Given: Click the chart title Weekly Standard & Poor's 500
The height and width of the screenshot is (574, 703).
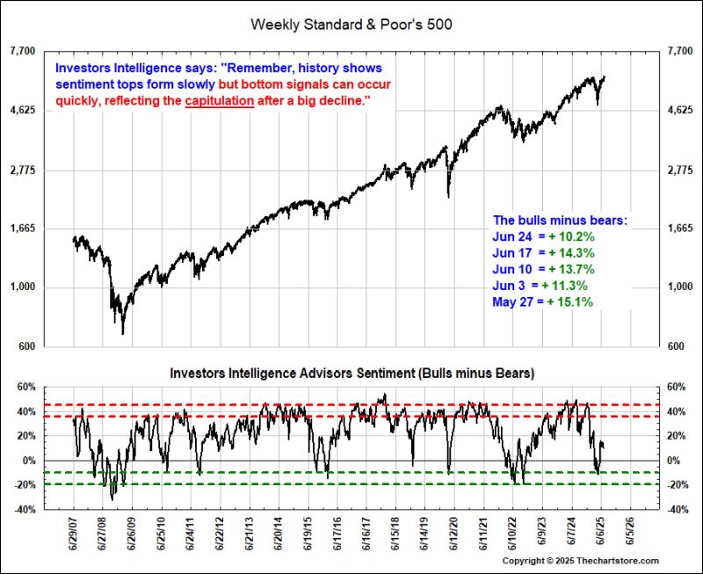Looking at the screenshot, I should [351, 24].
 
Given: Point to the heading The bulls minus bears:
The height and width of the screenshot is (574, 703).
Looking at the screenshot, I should [560, 221].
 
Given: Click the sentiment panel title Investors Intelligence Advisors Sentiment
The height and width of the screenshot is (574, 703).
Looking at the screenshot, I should [351, 373].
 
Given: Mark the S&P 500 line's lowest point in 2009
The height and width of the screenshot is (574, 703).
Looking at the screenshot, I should [123, 334].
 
